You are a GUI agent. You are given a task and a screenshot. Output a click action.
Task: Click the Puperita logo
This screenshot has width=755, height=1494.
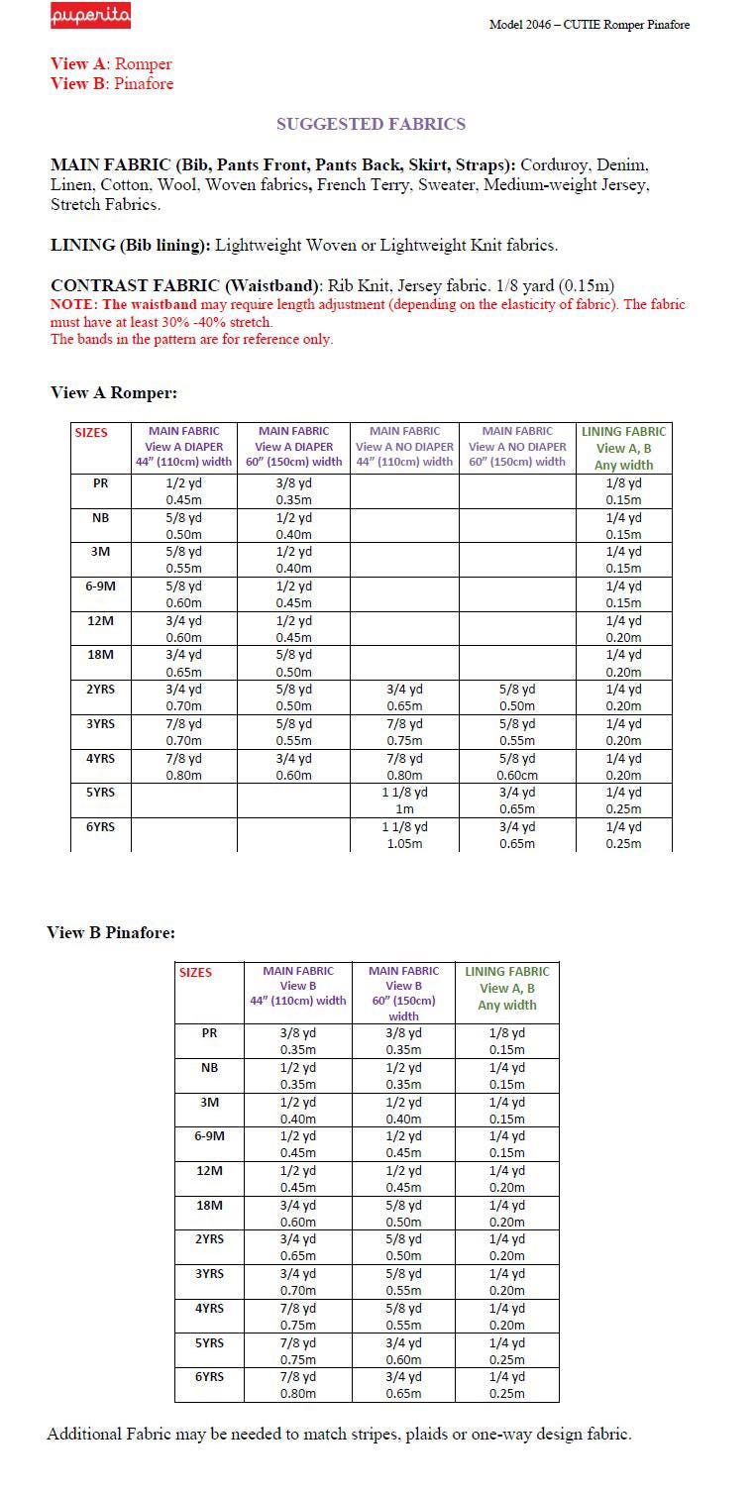[x=90, y=18]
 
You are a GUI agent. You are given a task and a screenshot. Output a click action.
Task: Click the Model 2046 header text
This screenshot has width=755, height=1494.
[x=589, y=25]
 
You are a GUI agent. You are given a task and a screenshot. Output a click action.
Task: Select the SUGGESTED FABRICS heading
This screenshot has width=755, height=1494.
[x=371, y=124]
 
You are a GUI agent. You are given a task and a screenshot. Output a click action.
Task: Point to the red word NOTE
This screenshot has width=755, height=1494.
[x=72, y=305]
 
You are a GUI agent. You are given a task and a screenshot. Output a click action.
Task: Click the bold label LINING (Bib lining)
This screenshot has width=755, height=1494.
[x=130, y=245]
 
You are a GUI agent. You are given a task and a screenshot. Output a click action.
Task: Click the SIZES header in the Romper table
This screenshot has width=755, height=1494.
[x=91, y=432]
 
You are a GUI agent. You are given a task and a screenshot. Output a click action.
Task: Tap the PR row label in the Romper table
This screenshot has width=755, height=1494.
[x=100, y=483]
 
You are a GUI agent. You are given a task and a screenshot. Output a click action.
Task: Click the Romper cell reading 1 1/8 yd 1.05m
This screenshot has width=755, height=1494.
[x=404, y=835]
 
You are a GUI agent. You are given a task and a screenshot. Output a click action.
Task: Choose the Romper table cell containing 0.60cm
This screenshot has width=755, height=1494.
[x=517, y=767]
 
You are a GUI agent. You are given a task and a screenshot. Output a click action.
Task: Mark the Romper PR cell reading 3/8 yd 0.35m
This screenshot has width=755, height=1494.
[x=293, y=491]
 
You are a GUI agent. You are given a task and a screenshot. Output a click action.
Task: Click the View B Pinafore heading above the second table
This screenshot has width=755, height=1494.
[x=111, y=932]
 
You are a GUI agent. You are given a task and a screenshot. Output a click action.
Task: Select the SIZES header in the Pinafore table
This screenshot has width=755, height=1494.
[x=195, y=972]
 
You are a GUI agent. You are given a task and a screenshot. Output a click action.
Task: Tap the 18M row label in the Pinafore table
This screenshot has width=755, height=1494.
[x=209, y=1205]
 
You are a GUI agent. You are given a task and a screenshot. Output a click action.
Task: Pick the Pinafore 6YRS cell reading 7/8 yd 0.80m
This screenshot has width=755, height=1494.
[x=297, y=1385]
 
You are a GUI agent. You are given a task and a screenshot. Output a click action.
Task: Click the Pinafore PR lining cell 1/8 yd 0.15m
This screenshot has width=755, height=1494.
[x=506, y=1040]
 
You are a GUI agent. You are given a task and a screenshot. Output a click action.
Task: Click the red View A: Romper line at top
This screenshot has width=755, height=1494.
[x=111, y=64]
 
